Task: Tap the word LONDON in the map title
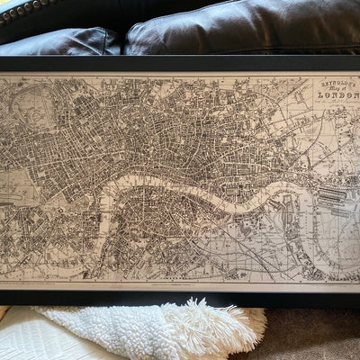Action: (326, 100)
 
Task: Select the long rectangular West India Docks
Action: (335, 194)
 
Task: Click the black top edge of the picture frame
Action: (180, 64)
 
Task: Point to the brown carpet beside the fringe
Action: (310, 333)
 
